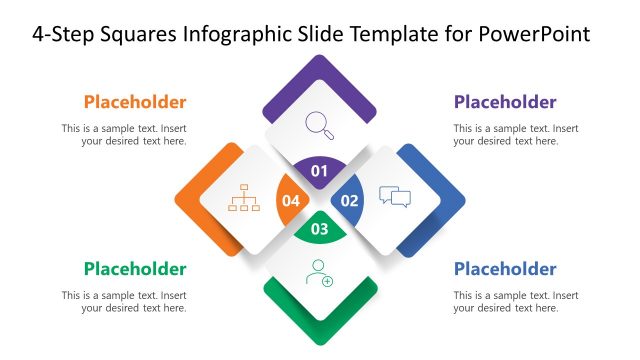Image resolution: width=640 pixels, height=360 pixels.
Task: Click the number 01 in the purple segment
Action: coord(320,171)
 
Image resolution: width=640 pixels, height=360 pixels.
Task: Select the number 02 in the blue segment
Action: coord(350,200)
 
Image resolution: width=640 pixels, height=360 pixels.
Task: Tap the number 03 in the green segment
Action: coord(320,229)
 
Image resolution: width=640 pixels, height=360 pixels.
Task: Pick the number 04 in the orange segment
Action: coord(291,200)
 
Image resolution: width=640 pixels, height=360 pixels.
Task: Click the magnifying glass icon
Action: coord(320,124)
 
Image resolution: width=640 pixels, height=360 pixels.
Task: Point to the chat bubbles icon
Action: coord(395,196)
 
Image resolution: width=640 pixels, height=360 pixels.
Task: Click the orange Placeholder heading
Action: coord(135,102)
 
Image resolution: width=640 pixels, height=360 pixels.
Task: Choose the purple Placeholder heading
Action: coord(505,102)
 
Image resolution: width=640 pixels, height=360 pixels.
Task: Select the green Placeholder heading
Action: coord(135,269)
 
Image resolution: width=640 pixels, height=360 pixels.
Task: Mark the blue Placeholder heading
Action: coord(505,269)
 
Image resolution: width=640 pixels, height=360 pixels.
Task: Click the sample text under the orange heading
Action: coord(124,135)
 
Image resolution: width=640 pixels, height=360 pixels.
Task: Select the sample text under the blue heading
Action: coord(515,302)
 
